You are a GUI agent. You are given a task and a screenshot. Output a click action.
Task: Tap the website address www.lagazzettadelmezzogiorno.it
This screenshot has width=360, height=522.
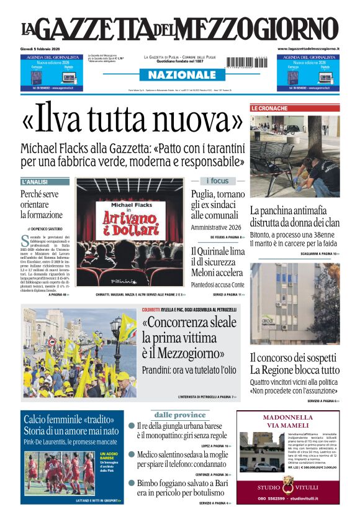pos(308,48)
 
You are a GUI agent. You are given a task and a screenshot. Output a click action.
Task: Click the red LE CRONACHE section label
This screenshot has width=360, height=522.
pos(269,108)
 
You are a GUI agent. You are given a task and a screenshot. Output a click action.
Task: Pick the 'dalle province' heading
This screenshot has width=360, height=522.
pos(179,415)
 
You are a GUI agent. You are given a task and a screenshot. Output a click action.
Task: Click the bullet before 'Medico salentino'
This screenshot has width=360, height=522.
pos(132,455)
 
